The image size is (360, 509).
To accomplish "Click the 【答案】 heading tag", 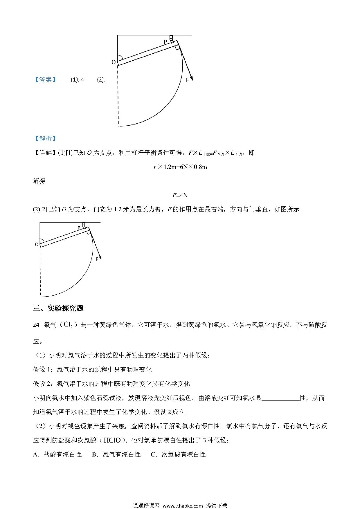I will [x=45, y=80].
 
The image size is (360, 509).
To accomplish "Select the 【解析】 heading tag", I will [x=45, y=138].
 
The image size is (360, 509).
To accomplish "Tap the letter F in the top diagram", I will [x=187, y=80].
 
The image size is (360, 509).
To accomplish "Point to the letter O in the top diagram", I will [x=114, y=62].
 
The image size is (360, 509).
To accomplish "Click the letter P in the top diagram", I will [x=165, y=42].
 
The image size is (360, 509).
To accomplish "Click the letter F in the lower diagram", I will [x=97, y=259].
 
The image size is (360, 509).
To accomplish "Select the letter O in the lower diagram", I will [x=37, y=245].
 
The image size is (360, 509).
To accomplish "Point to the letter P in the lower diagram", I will [x=79, y=228].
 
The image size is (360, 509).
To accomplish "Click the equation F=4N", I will [x=180, y=195].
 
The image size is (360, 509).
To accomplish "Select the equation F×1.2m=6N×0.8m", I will [x=180, y=167].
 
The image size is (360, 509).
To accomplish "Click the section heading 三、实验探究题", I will [x=58, y=308].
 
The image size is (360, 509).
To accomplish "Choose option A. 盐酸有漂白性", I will [x=57, y=454].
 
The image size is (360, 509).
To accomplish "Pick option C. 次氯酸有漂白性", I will [x=178, y=454].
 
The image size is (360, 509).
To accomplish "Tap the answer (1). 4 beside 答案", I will [x=78, y=80].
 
